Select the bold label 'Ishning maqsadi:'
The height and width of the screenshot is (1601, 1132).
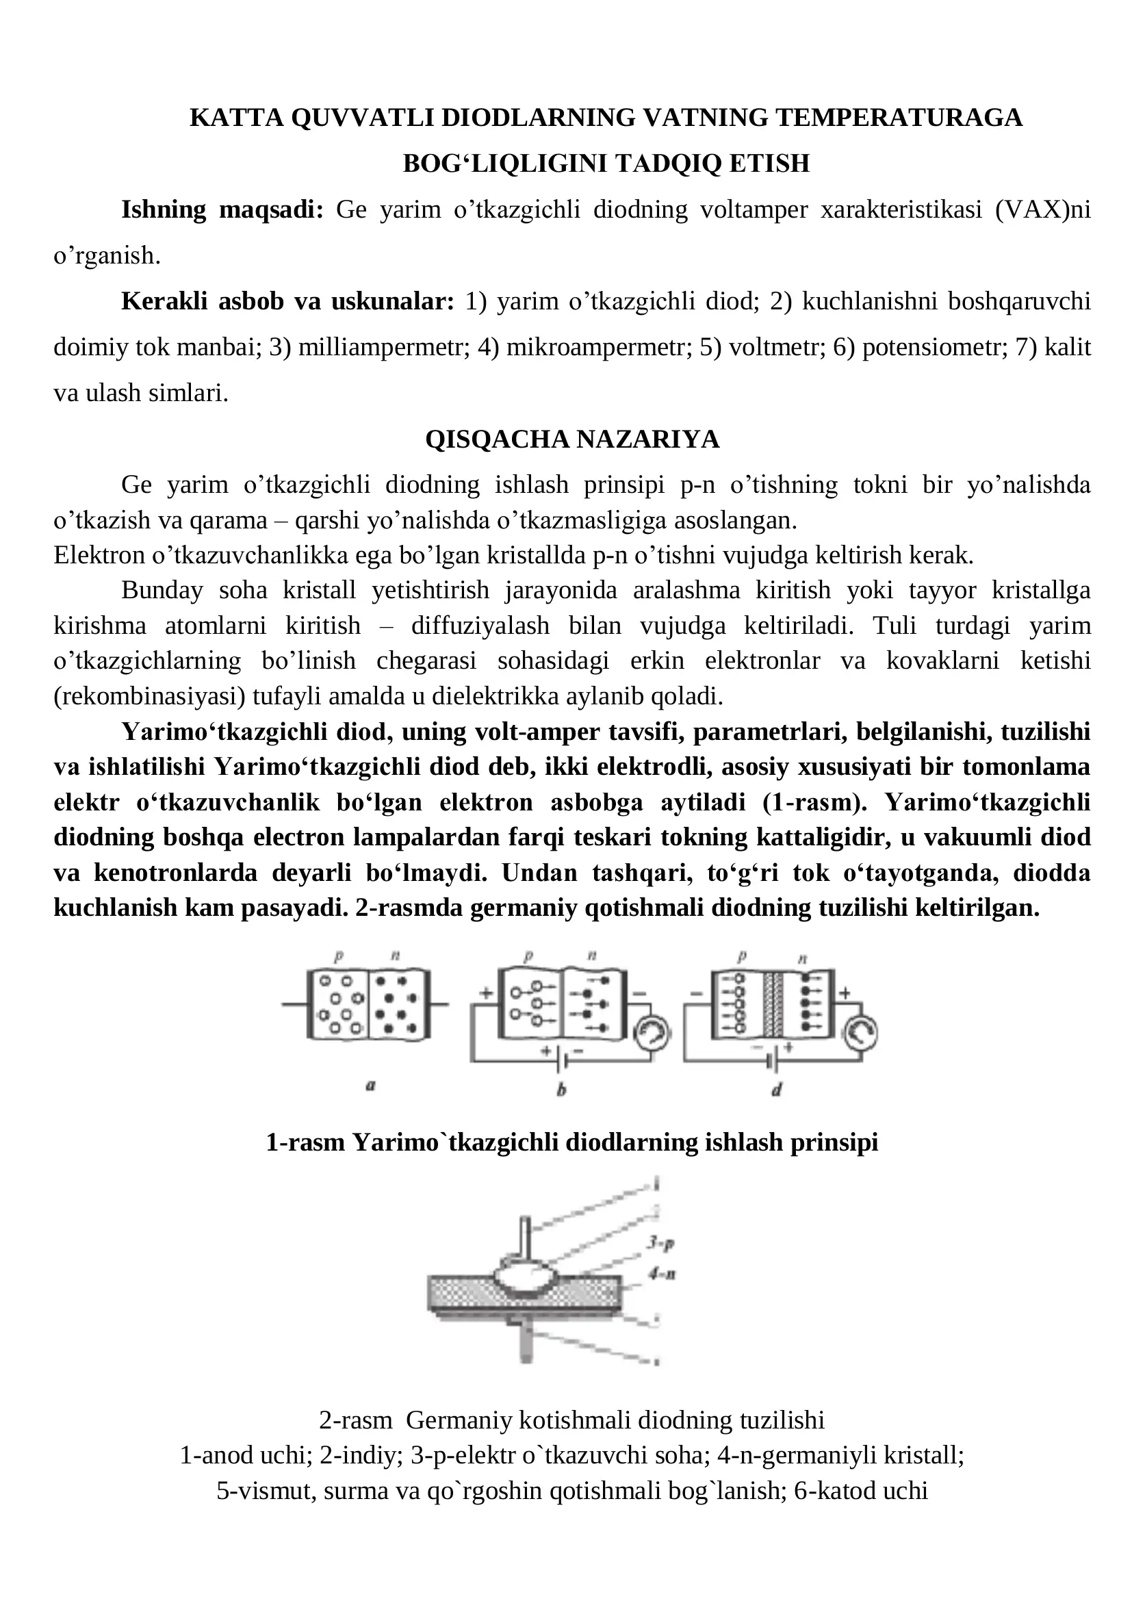pos(222,209)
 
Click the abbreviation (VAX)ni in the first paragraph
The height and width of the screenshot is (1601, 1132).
pos(1043,209)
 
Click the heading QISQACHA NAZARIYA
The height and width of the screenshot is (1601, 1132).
pos(571,439)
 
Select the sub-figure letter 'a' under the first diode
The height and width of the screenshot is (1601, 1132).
pos(371,1085)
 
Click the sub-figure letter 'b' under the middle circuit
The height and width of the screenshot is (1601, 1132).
pos(561,1089)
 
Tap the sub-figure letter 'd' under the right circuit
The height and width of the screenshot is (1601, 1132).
pos(777,1089)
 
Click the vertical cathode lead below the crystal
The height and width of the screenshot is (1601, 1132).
pos(526,1344)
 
